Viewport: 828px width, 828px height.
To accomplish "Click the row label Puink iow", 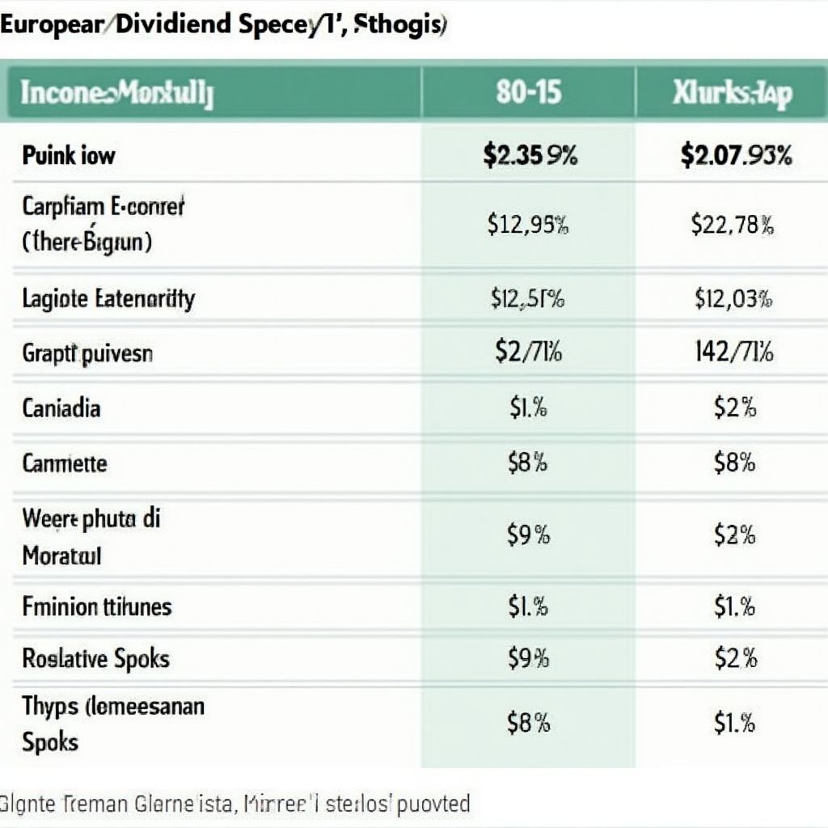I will pyautogui.click(x=69, y=155).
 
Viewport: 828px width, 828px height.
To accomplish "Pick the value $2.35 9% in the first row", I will pyautogui.click(x=530, y=155).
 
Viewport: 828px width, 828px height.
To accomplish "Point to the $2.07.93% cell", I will pyautogui.click(x=736, y=155).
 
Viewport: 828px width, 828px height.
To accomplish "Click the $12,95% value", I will pyautogui.click(x=528, y=224).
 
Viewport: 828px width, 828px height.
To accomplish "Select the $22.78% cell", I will pyautogui.click(x=733, y=224).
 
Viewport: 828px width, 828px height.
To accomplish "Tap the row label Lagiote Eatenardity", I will pyautogui.click(x=108, y=299).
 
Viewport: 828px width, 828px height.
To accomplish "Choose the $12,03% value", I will pyautogui.click(x=733, y=300).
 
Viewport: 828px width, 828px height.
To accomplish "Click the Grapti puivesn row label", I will pyautogui.click(x=87, y=353).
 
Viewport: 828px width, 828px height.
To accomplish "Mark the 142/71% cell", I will pyautogui.click(x=733, y=353).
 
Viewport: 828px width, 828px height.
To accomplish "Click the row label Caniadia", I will pyautogui.click(x=61, y=408).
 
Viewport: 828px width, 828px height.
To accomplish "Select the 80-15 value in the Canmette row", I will pyautogui.click(x=528, y=463).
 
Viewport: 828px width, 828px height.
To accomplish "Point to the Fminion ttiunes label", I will pyautogui.click(x=97, y=606).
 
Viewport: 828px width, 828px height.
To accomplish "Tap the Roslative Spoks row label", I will pyautogui.click(x=95, y=658).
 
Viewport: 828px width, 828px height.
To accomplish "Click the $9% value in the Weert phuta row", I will pyautogui.click(x=528, y=534).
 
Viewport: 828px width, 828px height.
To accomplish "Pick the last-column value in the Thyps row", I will pyautogui.click(x=733, y=722).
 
